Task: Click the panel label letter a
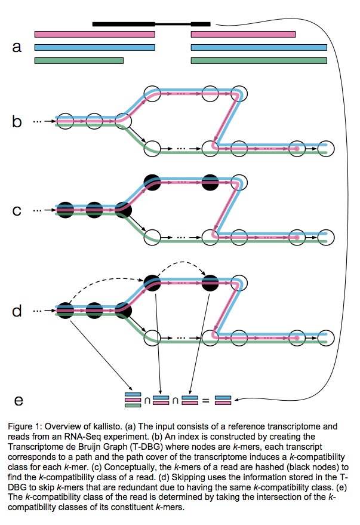pyautogui.click(x=17, y=47)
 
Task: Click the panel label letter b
pyautogui.click(x=17, y=122)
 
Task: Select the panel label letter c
pyautogui.click(x=17, y=210)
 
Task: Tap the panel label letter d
pyautogui.click(x=17, y=311)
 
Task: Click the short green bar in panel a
pyautogui.click(x=79, y=60)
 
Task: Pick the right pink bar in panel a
pyautogui.click(x=243, y=34)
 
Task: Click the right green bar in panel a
pyautogui.click(x=259, y=60)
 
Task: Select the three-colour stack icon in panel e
pyautogui.click(x=131, y=400)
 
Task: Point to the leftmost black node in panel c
pyautogui.click(x=66, y=210)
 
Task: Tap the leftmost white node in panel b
pyautogui.click(x=66, y=121)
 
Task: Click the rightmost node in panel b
pyautogui.click(x=326, y=148)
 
